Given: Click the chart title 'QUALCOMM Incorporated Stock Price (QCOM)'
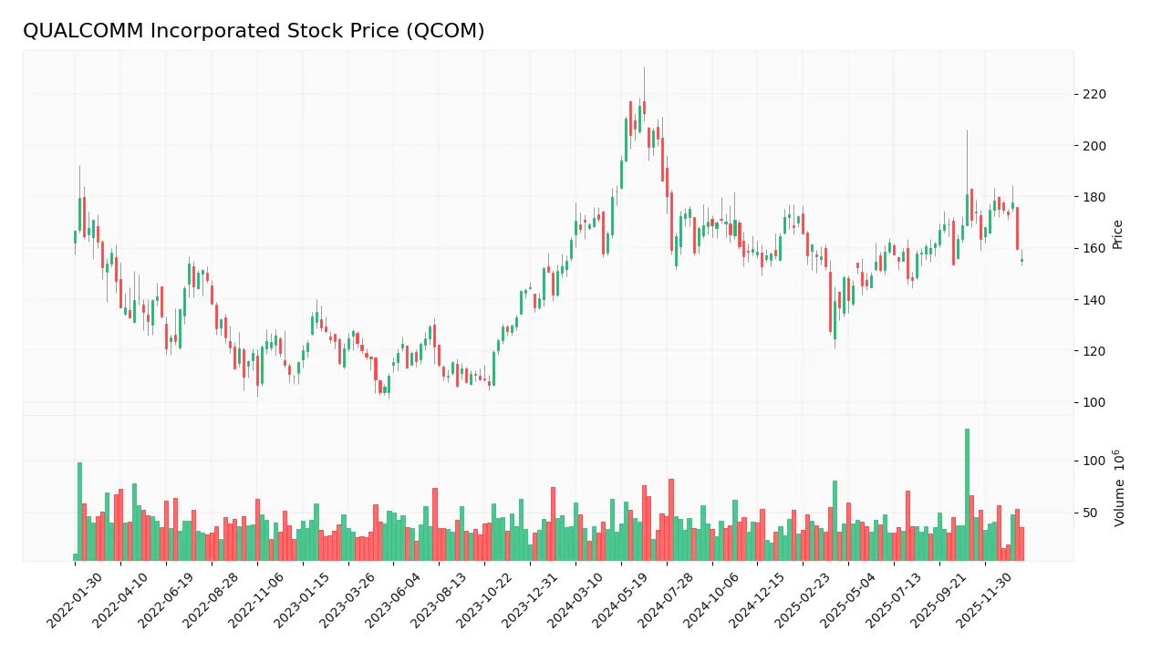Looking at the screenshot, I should pos(254,31).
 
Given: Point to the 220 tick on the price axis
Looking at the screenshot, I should pos(1094,94).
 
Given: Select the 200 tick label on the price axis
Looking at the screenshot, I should pos(1094,146).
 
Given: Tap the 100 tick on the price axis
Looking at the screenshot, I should pos(1094,402).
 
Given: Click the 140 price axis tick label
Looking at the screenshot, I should pos(1094,300).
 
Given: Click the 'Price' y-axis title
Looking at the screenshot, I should pos(1117,234).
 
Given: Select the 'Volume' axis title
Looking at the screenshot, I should pos(1118,487).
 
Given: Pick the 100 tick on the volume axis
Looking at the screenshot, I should pos(1094,461).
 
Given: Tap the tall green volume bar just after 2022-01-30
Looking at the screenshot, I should pos(79,511).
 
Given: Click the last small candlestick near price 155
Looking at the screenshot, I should pos(1021,261).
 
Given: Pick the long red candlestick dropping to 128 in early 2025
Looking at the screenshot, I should pos(830,302).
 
